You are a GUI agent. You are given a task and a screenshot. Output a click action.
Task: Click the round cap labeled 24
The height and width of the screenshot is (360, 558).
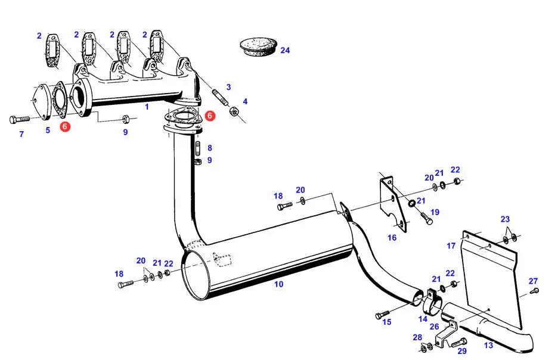click(x=258, y=46)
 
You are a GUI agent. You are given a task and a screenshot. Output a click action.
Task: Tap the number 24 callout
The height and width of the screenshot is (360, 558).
click(x=285, y=51)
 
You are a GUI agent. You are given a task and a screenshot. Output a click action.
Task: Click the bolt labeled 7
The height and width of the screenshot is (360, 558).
click(x=20, y=119)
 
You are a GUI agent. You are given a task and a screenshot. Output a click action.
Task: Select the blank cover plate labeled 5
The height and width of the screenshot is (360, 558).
click(x=41, y=102)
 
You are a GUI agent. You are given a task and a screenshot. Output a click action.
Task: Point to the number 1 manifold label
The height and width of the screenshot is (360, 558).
click(x=147, y=107)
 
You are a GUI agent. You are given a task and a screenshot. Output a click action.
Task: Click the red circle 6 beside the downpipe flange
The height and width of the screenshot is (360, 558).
click(x=210, y=116)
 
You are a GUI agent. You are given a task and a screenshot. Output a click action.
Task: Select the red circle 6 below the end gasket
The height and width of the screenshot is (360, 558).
click(x=65, y=126)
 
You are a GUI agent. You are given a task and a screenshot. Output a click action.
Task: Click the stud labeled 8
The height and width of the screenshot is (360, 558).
click(x=198, y=148)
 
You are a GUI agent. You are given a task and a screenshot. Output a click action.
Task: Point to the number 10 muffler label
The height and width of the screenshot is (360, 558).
click(x=279, y=284)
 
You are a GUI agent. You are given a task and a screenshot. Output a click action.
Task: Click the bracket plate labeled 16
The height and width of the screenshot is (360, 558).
click(x=393, y=204)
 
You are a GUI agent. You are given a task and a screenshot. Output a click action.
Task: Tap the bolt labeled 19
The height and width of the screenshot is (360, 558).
click(x=427, y=218)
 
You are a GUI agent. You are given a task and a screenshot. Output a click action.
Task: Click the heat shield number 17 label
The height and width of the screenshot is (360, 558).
click(x=451, y=246)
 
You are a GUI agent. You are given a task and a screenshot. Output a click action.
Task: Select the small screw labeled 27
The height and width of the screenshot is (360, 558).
click(x=534, y=291)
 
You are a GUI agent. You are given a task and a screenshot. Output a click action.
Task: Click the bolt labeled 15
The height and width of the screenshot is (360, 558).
click(x=382, y=315)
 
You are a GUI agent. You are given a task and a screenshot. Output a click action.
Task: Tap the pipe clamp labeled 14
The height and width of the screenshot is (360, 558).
click(x=432, y=300)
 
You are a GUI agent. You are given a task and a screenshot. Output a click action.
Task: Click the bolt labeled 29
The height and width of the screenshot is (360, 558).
click(x=459, y=343)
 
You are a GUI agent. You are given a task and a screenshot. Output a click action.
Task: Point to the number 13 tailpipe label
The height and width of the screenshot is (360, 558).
click(x=489, y=346)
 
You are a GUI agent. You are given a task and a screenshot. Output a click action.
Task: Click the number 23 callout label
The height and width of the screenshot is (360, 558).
click(x=506, y=219)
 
